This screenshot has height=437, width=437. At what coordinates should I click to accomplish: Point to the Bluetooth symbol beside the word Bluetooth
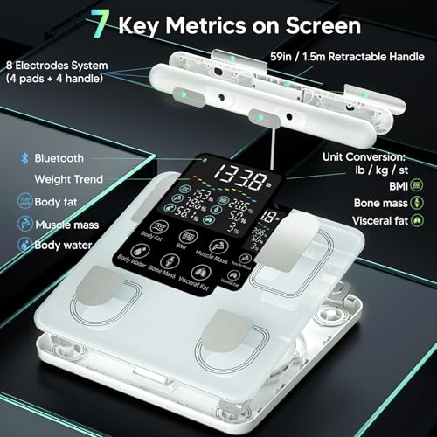(25, 158)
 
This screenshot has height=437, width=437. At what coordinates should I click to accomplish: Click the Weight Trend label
(68, 180)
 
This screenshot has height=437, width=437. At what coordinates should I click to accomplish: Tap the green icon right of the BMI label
(419, 185)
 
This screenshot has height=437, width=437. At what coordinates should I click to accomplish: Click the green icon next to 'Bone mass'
(419, 204)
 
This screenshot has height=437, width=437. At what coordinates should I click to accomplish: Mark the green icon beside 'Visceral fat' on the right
(419, 221)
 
